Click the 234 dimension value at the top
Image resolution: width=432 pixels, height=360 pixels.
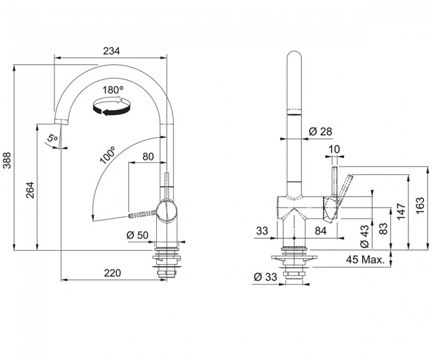coord(111,51)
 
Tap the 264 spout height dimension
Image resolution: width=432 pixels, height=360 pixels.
coord(30,190)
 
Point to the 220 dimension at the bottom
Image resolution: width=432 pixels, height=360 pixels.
coord(112,273)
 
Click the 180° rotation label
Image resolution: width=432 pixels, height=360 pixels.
coord(112,90)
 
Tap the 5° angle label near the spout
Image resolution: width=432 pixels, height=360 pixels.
coord(52,137)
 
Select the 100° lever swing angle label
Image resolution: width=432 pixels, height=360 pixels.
coord(107,155)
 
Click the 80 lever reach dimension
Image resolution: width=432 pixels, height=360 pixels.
coord(148,156)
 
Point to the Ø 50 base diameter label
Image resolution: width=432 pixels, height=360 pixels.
coord(137,235)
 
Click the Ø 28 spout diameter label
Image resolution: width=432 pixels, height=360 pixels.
coord(321,131)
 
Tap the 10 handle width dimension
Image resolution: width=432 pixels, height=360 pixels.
coord(335,150)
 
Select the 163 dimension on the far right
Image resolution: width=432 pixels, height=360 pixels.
coord(420,205)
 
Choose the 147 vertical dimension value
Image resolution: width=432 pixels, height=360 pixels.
coord(402,211)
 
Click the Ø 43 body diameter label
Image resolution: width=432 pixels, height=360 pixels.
coord(364,236)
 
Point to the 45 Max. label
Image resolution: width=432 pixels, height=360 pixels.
coord(366,259)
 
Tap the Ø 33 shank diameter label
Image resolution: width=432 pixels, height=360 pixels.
coord(265,277)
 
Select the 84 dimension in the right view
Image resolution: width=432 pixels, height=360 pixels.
coord(321,230)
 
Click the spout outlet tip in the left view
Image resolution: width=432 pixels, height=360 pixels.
coord(60,122)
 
